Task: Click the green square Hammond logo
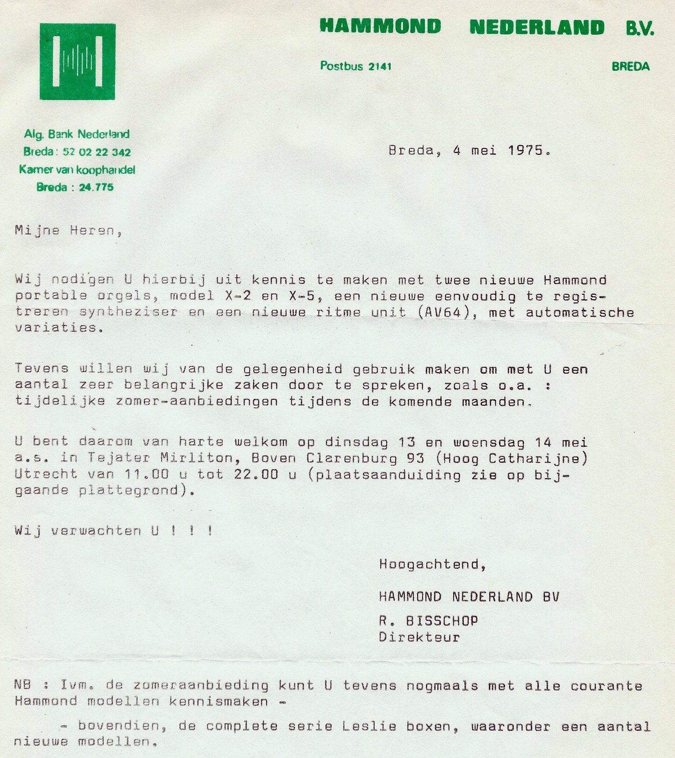[77, 62]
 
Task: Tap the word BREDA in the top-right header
[630, 67]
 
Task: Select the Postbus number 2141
[380, 67]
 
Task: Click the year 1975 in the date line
[525, 150]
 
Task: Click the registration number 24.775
[96, 187]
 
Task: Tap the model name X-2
[238, 296]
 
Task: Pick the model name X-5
[302, 296]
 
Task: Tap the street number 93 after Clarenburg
[415, 458]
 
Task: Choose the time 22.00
[256, 474]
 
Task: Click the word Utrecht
[46, 474]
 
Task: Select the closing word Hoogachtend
[429, 565]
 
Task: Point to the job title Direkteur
[419, 637]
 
